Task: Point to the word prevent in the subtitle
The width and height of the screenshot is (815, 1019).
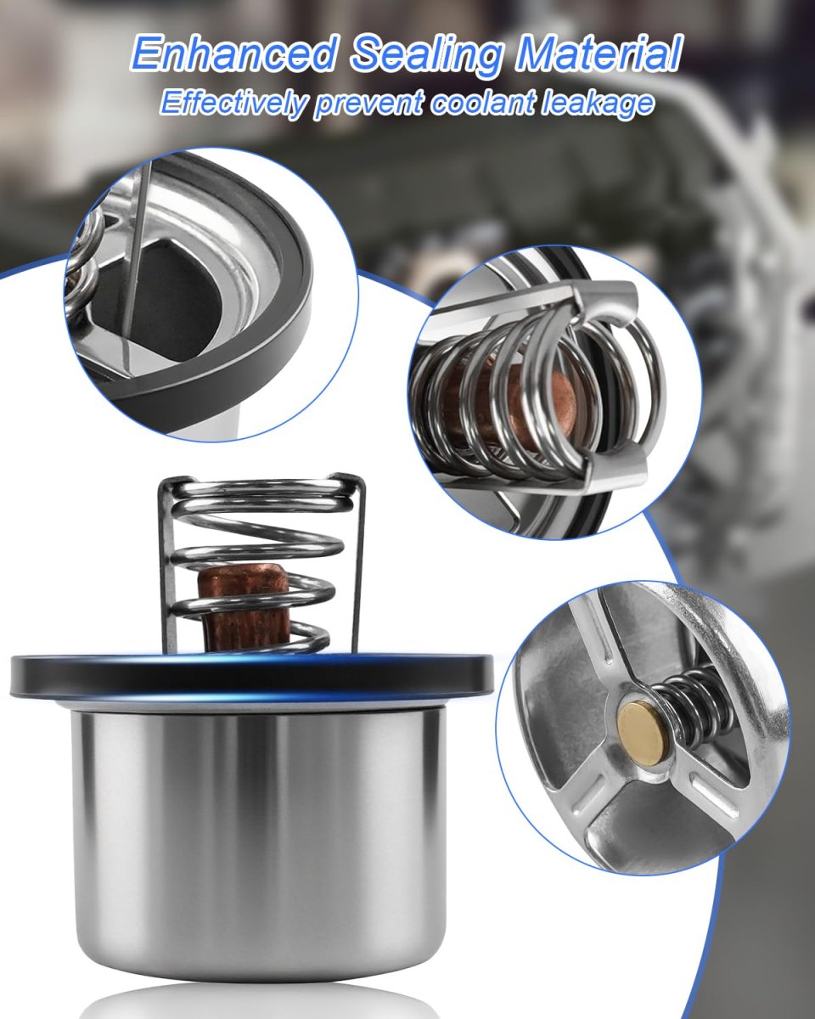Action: click(368, 106)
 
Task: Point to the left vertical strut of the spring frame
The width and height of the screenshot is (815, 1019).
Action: click(165, 565)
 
